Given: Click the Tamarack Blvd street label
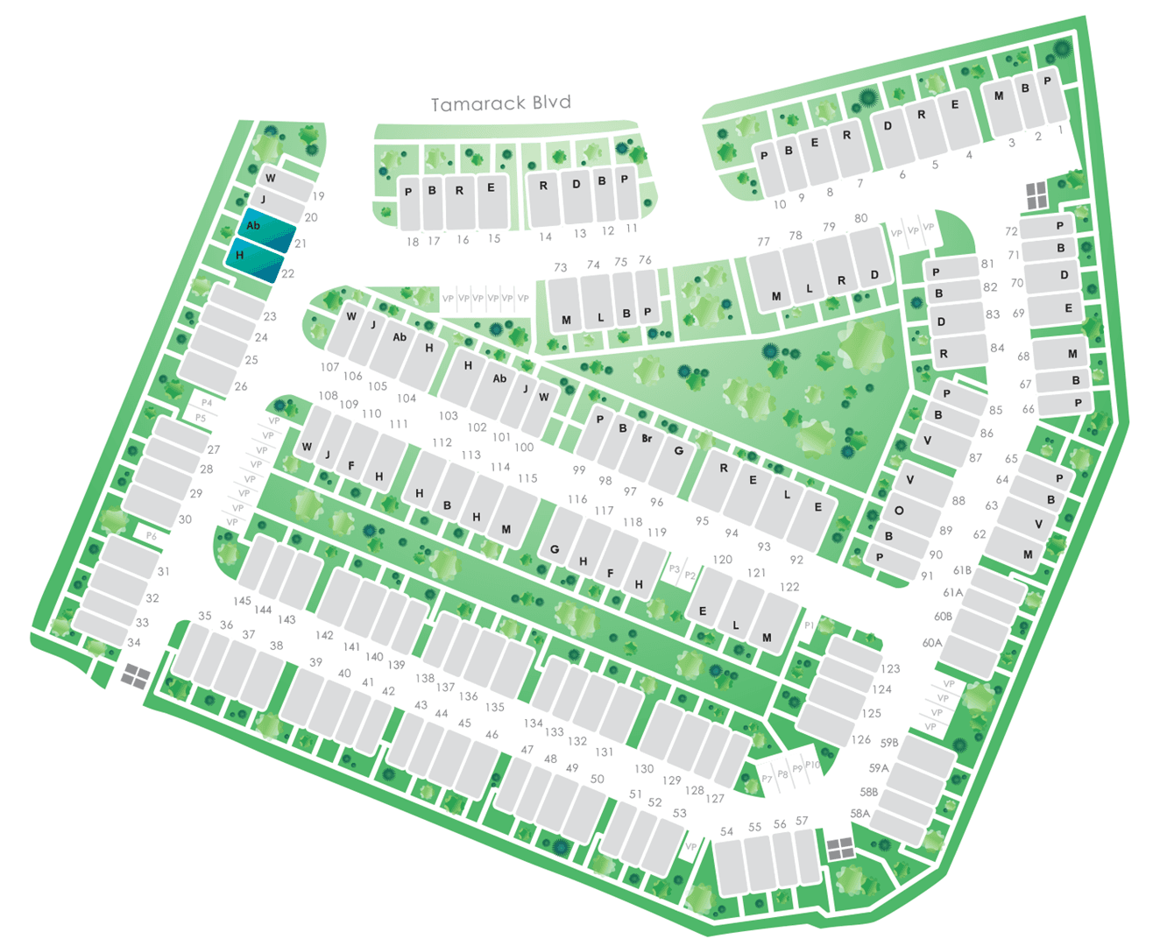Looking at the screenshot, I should (x=500, y=103).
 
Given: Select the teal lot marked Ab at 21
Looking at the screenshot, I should (x=266, y=230).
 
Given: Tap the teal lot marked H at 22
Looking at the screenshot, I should (x=254, y=259).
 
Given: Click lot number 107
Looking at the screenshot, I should (x=329, y=367).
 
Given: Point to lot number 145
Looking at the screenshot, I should (x=243, y=601).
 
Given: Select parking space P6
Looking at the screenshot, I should (x=152, y=535).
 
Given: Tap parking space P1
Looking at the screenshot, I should (x=810, y=625).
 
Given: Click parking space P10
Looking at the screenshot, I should (x=812, y=766).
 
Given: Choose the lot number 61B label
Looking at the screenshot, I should (x=963, y=570).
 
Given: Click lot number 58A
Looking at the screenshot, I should (x=860, y=813).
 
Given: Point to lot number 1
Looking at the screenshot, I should (x=1060, y=130).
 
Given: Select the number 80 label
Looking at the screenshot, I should (x=860, y=218).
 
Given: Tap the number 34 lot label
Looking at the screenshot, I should (x=134, y=642).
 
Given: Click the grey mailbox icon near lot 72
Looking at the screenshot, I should (x=1036, y=196).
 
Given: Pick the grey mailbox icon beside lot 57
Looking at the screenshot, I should (x=839, y=848).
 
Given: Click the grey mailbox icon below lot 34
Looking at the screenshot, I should (x=136, y=675).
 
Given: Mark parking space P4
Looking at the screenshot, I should (x=207, y=403).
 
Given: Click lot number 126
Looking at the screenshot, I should (x=861, y=739).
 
